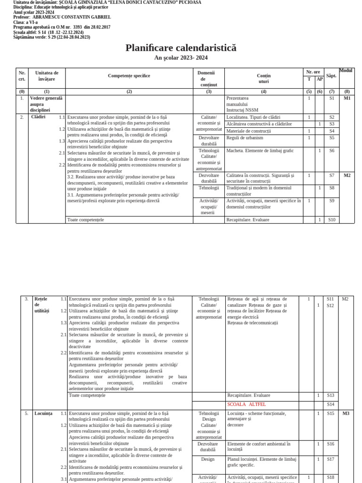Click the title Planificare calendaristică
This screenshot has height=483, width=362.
tap(181, 48)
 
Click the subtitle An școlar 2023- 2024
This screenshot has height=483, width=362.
tap(181, 58)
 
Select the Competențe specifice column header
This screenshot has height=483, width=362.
tap(129, 75)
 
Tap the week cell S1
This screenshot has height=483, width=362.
tap(331, 98)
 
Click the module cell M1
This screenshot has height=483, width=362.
tap(347, 98)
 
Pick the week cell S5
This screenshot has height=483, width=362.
tap(331, 138)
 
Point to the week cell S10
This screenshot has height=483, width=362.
tap(331, 219)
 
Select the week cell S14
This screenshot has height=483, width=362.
tap(330, 404)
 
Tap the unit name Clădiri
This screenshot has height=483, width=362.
tap(38, 117)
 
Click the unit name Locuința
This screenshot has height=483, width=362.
tap(43, 413)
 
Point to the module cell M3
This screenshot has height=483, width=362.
tap(346, 413)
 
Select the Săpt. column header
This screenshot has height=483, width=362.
tap(331, 75)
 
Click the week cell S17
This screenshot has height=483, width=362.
tap(330, 459)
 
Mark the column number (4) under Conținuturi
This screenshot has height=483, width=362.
tap(263, 91)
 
